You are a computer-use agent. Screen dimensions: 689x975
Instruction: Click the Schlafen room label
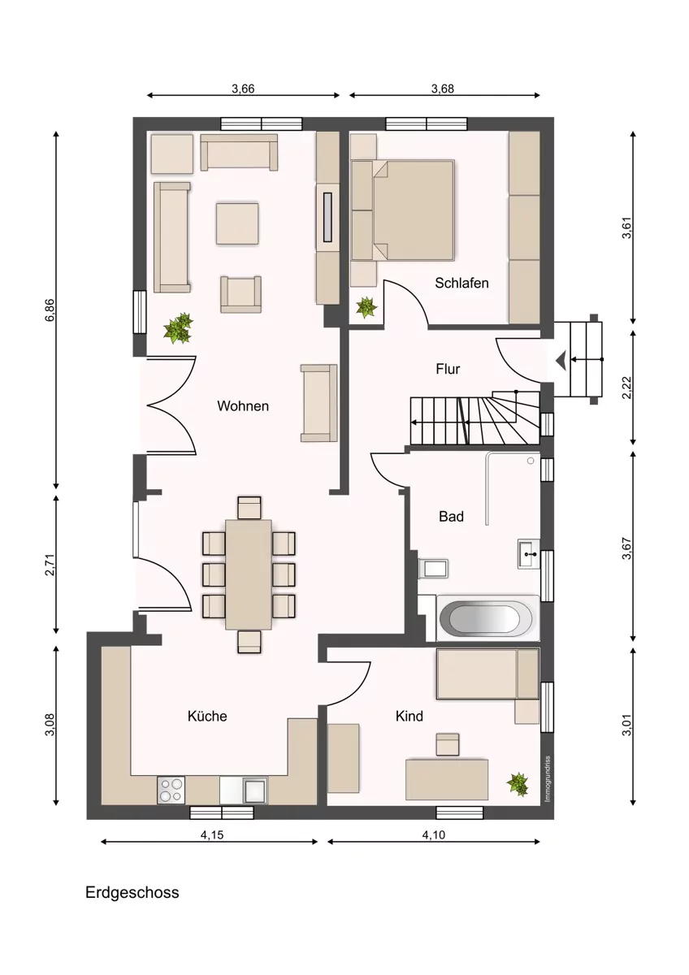461,283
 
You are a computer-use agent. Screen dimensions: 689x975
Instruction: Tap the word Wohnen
243,406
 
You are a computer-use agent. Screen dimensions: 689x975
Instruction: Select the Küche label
207,716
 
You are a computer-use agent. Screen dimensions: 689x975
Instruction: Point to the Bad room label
451,517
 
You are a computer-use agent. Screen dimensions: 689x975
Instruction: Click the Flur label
448,369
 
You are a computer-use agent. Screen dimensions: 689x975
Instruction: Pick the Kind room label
409,716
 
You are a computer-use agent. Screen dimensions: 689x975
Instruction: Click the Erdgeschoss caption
132,893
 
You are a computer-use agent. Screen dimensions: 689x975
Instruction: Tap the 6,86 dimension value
50,310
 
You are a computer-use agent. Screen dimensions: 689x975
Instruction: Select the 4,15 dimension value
212,835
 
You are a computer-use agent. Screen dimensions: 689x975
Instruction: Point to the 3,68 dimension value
443,89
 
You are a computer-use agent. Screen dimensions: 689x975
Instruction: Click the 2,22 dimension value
626,388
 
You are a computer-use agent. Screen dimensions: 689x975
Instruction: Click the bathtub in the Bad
486,618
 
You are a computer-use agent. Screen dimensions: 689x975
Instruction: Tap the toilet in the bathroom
433,568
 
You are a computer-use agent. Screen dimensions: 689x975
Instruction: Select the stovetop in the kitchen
171,790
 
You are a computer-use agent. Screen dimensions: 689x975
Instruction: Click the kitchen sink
255,791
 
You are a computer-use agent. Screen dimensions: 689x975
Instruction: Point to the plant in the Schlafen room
366,307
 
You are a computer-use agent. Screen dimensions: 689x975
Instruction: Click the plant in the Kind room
518,784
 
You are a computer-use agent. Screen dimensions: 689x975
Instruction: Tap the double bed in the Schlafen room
414,210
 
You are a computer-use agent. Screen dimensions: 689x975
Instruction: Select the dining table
249,574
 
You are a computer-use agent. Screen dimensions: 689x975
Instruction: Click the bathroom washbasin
528,554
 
